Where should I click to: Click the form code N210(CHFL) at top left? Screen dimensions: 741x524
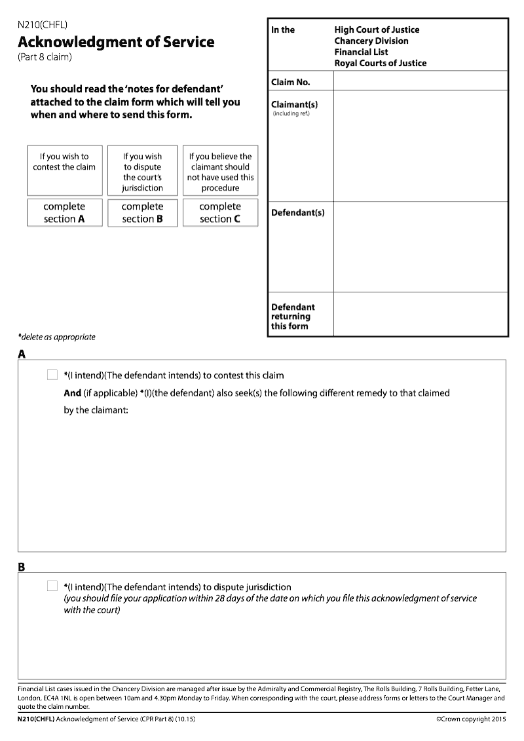43,26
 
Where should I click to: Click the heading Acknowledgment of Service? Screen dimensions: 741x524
116,42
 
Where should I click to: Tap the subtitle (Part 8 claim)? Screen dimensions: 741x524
45,57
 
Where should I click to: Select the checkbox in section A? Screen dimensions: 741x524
52,375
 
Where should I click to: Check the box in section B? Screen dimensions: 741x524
52,586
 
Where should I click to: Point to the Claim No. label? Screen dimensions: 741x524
291,82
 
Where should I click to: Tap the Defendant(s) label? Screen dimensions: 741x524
297,212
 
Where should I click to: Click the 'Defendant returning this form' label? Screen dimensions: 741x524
293,316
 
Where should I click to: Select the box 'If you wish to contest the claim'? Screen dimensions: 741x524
64,170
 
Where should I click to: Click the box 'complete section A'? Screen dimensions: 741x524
64,212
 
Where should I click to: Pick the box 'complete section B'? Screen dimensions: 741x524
142,212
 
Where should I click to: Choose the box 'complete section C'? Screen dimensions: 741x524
220,212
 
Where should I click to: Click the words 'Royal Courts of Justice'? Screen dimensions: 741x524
380,63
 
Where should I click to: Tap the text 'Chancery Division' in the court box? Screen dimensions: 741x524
371,41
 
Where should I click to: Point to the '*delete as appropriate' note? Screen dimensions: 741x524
56,337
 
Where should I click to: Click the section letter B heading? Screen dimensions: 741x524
22,567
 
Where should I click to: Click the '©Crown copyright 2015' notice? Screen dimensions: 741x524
472,719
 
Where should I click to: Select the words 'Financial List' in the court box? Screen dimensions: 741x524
361,52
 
